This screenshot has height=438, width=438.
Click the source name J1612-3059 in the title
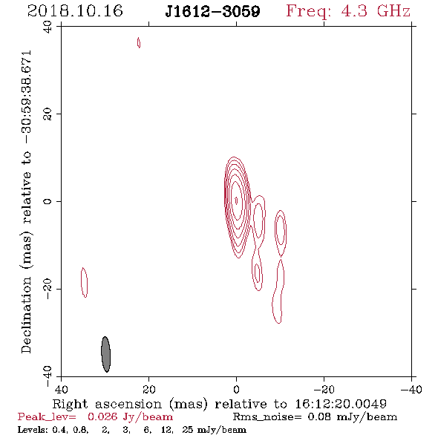pos(212,11)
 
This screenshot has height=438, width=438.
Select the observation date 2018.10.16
pos(75,11)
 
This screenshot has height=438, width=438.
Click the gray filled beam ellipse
pos(105,354)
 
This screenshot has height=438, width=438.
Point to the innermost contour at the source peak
pos(236,200)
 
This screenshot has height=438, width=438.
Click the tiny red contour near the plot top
pos(139,42)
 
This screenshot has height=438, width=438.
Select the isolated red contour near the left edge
pos(81,282)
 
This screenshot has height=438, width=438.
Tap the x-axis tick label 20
pos(149,389)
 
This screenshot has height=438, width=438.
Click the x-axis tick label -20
pos(324,389)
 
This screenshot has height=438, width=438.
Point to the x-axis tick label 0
pos(237,389)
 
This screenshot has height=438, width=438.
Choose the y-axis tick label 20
pos(48,114)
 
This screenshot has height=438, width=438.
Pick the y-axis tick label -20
pos(48,289)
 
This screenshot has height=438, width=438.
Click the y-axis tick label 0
pos(48,201)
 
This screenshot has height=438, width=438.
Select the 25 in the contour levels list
pos(187,429)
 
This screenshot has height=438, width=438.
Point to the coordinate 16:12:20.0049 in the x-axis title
pos(341,404)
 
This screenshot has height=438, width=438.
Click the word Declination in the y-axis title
pos(26,316)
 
